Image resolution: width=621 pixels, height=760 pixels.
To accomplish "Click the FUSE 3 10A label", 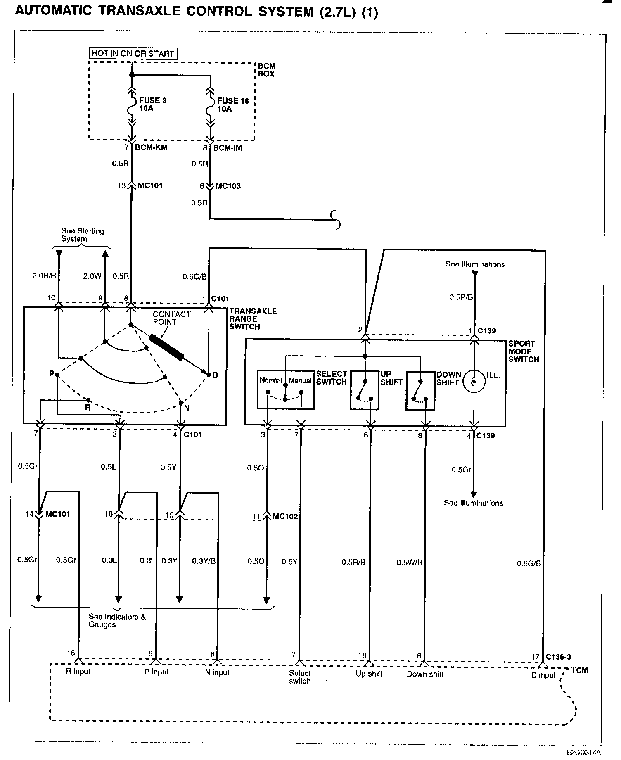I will [x=152, y=104].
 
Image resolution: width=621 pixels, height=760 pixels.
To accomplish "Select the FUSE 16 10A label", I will [x=233, y=105].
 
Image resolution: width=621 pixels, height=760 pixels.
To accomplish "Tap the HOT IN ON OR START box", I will [x=133, y=53].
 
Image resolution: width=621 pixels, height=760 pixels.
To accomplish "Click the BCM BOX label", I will [x=266, y=70].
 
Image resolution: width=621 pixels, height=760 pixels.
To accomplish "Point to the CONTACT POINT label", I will [x=171, y=318].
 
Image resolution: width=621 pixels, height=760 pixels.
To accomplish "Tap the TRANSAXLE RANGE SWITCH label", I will [x=253, y=319].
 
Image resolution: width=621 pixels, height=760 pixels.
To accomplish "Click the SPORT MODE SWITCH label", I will [x=524, y=351].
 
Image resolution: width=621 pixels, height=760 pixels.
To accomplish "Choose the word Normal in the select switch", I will [x=271, y=380].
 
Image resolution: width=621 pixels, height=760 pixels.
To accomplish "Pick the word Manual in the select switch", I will [x=300, y=380].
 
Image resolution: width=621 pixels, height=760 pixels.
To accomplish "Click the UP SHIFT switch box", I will [x=365, y=390].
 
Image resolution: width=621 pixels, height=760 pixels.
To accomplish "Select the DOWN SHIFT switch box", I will [x=420, y=390].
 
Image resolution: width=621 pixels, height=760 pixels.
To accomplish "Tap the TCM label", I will [x=580, y=670].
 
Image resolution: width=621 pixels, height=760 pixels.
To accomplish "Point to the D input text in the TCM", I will [x=544, y=675].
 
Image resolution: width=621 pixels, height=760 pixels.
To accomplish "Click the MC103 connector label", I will [x=228, y=186].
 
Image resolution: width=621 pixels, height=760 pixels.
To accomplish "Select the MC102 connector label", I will [x=285, y=516].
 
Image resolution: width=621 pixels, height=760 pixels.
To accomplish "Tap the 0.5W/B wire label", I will [x=409, y=563].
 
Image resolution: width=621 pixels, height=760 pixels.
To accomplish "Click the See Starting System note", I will [x=82, y=235].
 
